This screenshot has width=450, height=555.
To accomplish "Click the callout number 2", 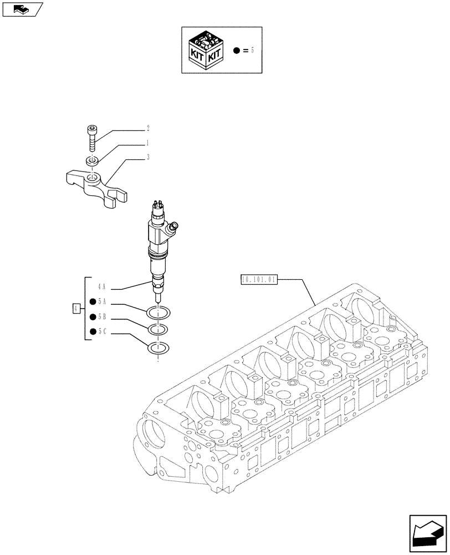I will [x=148, y=128].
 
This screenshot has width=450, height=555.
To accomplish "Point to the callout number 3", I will [x=148, y=158].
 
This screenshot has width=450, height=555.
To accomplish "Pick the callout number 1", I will [x=148, y=143].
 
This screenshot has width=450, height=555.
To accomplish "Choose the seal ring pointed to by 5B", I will [x=158, y=330].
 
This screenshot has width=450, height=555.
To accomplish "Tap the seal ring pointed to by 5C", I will [x=158, y=349].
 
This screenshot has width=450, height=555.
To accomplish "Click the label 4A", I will [x=101, y=287].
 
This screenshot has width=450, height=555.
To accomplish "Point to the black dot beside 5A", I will [x=92, y=302].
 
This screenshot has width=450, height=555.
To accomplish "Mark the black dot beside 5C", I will [x=92, y=333].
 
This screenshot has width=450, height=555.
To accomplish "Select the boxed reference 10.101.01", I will [x=259, y=280].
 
